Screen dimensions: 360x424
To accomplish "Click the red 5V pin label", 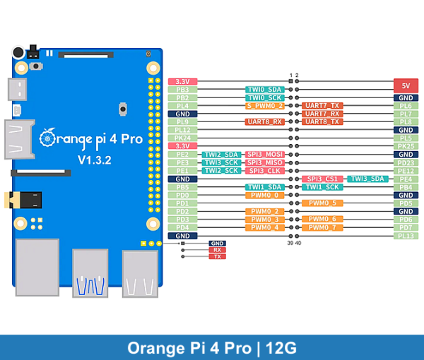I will coord(406,82).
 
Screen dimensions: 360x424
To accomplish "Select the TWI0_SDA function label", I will coord(265,90).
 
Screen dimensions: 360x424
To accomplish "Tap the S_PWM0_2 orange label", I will coord(265,106).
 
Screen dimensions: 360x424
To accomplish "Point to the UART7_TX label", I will coord(322,106).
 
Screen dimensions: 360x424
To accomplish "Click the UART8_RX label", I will coord(265,122).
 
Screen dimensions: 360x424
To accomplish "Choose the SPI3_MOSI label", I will coord(265,155).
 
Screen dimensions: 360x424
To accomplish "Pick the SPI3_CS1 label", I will coord(322,179).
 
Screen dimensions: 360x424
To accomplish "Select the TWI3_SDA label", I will coord(368,179).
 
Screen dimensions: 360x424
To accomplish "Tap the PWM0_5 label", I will coord(322,203).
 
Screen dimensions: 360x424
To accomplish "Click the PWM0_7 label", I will coord(322,227).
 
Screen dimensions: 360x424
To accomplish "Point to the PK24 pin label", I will coord(182,138).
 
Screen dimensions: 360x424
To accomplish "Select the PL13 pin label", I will coord(406,236).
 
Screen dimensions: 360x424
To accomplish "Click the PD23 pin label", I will coord(406,162).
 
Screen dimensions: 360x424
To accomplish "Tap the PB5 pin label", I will coord(182,187).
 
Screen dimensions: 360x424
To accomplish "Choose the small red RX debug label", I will coord(217,250).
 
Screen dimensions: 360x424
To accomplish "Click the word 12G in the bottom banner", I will coord(283,348).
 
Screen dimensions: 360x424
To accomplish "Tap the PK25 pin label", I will coord(406,146).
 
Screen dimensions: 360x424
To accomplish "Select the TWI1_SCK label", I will coord(322,187).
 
